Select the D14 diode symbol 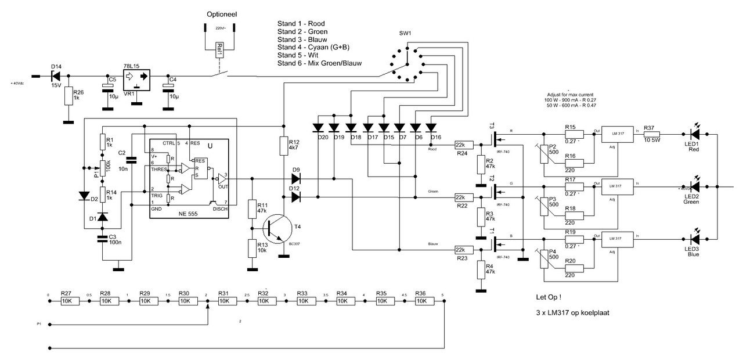click(56, 76)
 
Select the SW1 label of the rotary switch click(405, 34)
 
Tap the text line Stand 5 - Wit click(301, 55)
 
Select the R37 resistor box click(650, 135)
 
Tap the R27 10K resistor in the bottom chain click(67, 301)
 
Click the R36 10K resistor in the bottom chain click(422, 301)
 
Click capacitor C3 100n click(103, 237)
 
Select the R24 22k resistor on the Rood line click(463, 145)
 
